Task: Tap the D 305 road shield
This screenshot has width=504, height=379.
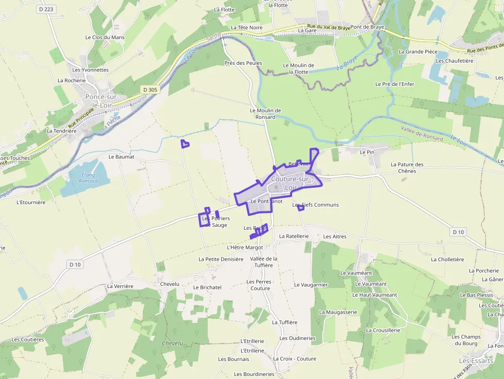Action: [x=150, y=89]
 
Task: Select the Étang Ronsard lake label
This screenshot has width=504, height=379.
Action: [x=88, y=178]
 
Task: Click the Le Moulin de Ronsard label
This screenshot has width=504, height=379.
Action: [x=265, y=114]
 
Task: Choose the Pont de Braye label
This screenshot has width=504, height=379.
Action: [x=367, y=27]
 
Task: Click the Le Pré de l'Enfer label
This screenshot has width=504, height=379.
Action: [x=394, y=84]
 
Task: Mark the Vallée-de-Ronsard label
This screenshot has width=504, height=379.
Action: [x=422, y=135]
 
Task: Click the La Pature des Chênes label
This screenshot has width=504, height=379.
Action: [x=407, y=168]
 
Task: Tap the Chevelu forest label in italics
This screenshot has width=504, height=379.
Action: [x=172, y=343]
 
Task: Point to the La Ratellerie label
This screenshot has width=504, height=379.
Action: [x=294, y=236]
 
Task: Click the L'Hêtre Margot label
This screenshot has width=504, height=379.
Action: [x=245, y=247]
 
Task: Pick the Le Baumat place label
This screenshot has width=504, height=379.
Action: [x=121, y=156]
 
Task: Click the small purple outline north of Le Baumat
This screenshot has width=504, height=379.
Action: [x=185, y=144]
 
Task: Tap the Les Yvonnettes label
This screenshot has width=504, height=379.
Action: [x=91, y=70]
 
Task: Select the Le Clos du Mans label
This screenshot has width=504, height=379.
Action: [x=105, y=38]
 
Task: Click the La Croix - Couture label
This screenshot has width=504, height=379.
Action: [x=295, y=359]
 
